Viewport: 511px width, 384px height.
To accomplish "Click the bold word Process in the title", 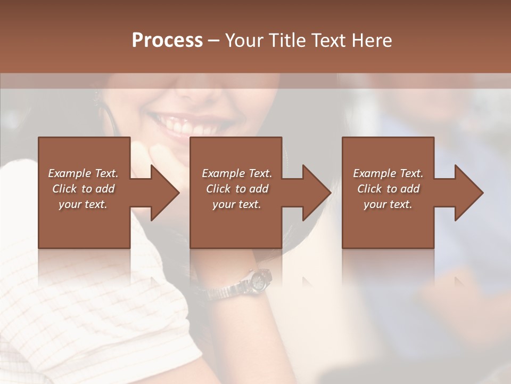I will click(167, 41).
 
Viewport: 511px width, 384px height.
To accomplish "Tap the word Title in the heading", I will click(285, 41).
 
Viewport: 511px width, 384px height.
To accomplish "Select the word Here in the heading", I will click(370, 41).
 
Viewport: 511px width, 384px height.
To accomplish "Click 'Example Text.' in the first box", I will click(83, 173).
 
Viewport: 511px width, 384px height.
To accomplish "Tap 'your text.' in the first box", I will click(83, 204).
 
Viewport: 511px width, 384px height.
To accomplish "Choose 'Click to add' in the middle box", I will click(237, 189).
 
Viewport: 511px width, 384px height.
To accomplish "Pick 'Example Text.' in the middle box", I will click(237, 173).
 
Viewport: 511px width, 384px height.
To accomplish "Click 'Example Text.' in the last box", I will click(388, 173).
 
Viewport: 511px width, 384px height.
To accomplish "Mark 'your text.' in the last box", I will click(388, 204).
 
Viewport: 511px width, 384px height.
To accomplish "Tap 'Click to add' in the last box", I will click(388, 189).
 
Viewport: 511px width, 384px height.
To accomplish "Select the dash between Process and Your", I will click(213, 41).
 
